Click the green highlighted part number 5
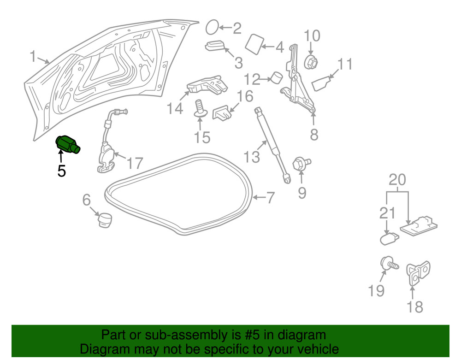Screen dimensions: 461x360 (x=68, y=144)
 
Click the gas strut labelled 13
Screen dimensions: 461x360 (x=272, y=145)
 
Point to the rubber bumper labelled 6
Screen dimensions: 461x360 (x=105, y=219)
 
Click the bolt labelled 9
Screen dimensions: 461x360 (x=301, y=163)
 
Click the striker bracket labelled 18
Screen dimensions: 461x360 (x=418, y=273)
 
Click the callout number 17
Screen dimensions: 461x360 (x=135, y=163)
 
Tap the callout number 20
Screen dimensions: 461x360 (x=397, y=180)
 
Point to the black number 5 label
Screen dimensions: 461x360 (x=61, y=171)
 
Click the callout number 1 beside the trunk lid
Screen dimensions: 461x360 (x=33, y=56)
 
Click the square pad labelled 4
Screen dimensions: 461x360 (x=254, y=44)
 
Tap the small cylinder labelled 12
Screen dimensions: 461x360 (x=276, y=77)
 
